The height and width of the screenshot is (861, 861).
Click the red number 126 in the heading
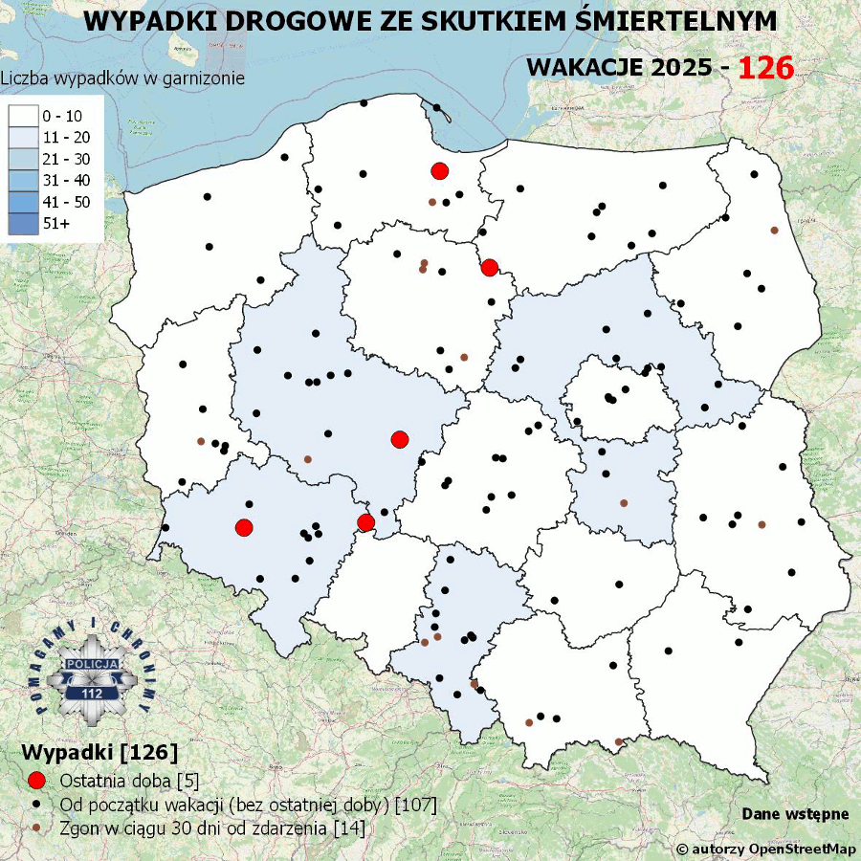tap(766, 68)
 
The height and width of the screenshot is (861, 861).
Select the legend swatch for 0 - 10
tap(23, 116)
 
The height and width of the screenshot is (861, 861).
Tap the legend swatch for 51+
tap(23, 223)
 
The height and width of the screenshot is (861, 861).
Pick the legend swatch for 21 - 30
tap(23, 159)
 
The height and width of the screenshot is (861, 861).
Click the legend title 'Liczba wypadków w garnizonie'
tap(122, 78)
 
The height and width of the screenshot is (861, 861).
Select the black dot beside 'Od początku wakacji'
tap(37, 804)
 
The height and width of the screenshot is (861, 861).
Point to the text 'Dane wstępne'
tap(795, 814)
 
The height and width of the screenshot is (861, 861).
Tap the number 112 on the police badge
tap(93, 694)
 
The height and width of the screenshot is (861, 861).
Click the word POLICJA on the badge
tap(93, 664)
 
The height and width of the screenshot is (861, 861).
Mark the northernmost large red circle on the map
tap(440, 171)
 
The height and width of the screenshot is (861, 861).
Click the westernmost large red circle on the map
tap(244, 527)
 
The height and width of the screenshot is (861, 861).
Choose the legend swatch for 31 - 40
tap(23, 180)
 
